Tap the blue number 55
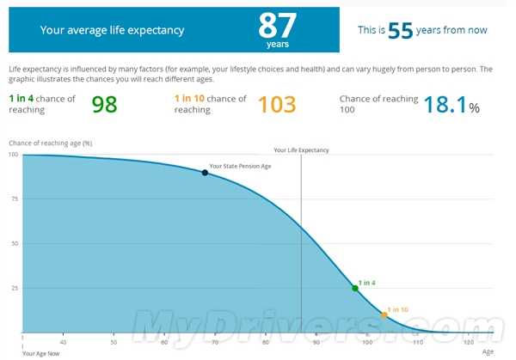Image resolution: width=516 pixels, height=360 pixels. (x=400, y=31)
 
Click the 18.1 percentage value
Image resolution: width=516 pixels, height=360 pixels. (x=446, y=105)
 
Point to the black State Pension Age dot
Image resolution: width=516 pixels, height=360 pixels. (x=205, y=173)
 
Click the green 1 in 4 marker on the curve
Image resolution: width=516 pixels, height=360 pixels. (x=355, y=288)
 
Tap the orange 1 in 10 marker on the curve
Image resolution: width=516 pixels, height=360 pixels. (x=384, y=315)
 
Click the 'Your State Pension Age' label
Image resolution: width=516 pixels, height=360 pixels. (x=240, y=166)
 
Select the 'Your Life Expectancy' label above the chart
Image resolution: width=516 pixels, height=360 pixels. (x=301, y=149)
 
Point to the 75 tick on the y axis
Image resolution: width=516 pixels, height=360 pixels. (x=13, y=198)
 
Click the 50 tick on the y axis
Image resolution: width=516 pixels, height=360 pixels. (x=13, y=243)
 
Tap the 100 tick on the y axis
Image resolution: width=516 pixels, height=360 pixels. (x=13, y=155)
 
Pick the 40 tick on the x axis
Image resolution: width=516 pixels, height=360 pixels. (x=63, y=342)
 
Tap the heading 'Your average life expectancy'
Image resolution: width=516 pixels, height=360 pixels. (x=112, y=30)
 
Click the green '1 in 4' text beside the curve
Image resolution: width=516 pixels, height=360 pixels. (x=367, y=282)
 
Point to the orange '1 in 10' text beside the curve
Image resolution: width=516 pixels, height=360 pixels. (x=397, y=308)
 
